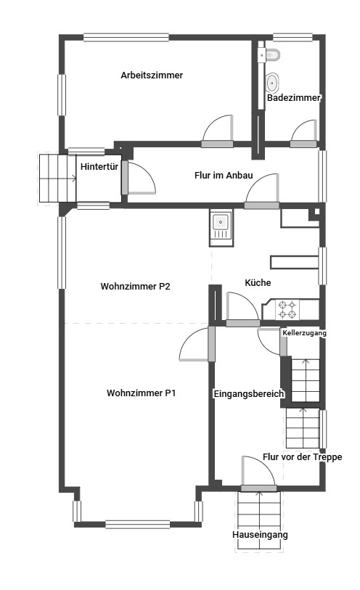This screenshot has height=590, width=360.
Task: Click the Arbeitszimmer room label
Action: click(152, 75)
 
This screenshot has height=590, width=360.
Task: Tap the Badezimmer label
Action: click(293, 98)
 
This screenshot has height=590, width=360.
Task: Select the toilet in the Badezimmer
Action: click(270, 55)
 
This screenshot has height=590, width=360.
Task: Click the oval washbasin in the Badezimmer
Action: click(272, 83)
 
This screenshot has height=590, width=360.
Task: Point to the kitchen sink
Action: click(221, 228)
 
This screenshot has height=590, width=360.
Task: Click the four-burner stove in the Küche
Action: click(288, 309)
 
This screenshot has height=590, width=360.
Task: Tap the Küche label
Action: click(258, 282)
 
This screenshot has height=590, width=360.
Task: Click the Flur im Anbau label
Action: click(224, 176)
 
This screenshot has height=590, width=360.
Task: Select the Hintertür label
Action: click(99, 166)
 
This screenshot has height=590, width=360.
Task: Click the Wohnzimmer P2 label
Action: click(136, 287)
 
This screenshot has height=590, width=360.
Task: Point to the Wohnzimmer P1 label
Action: click(141, 393)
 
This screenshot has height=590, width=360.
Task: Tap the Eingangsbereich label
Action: click(249, 394)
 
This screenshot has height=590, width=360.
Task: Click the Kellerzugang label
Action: click(304, 333)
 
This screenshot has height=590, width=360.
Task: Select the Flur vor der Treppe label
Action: click(303, 457)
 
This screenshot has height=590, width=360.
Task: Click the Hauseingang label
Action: click(260, 535)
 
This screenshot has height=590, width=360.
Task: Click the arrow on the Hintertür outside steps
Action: click(70, 178)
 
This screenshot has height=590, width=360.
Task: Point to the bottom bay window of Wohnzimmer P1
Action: click(138, 524)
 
